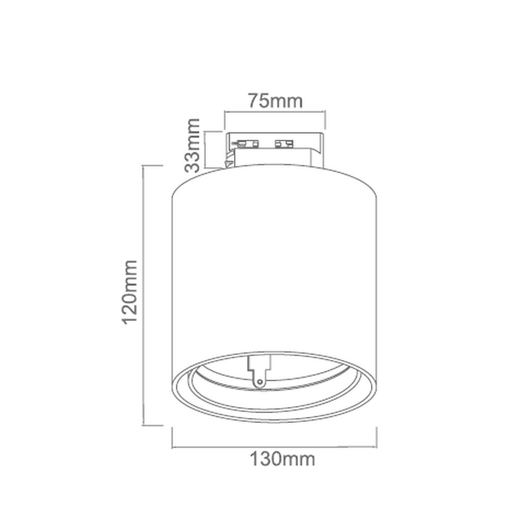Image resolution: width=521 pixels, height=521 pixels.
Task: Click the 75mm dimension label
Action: coord(276,101)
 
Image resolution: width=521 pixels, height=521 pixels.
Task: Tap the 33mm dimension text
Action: coord(192,145)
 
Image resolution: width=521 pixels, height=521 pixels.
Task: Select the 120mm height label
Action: coord(129,292)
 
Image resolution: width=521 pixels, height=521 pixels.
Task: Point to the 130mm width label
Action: coord(282,459)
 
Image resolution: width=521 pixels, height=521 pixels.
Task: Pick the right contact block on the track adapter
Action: coord(284,144)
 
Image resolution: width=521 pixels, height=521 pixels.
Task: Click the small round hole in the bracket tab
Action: coord(260,382)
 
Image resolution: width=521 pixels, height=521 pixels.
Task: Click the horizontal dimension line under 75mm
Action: coord(275,113)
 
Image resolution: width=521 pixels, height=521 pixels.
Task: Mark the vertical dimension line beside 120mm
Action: coord(144,295)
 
